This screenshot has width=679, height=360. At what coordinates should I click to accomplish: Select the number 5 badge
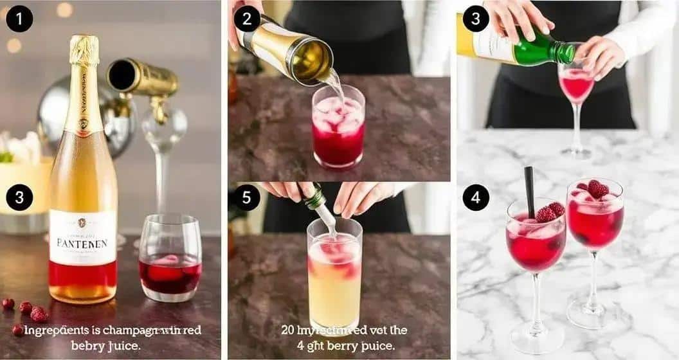click(x=247, y=197)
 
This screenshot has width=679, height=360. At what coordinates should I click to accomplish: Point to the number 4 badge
click(x=475, y=197)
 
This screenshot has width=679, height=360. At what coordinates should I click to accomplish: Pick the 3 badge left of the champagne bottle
click(x=19, y=197)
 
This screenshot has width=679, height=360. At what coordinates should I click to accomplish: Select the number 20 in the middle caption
click(x=287, y=330)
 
